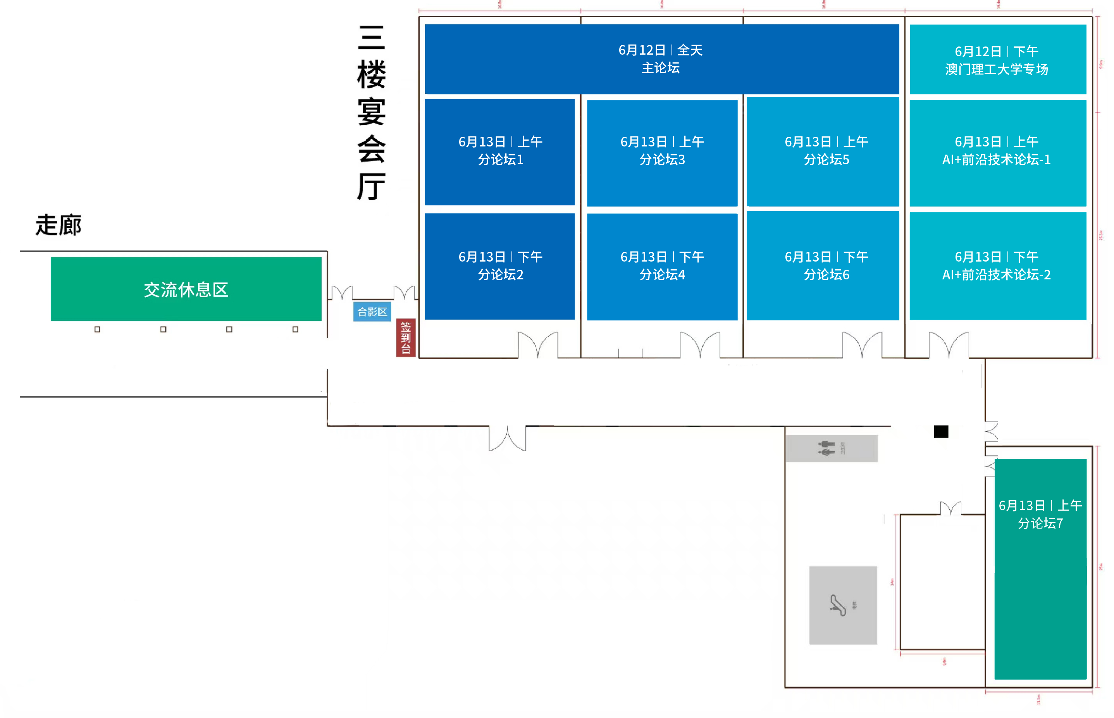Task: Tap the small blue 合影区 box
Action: pos(372,312)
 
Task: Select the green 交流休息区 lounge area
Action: pos(186,289)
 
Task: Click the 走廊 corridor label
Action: pos(58,225)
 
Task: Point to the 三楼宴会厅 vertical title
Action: pos(371,112)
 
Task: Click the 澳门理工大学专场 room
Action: pos(997,60)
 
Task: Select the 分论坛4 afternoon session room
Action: pos(662,266)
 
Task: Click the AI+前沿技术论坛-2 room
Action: pos(997,266)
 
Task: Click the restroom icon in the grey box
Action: pos(826,448)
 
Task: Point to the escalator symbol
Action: pos(838,605)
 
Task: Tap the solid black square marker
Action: pos(941,432)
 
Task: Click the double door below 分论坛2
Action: pos(538,345)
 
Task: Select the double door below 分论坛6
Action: pos(861,345)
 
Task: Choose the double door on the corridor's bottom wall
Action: pos(507,438)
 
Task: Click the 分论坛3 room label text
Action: pos(662,151)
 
